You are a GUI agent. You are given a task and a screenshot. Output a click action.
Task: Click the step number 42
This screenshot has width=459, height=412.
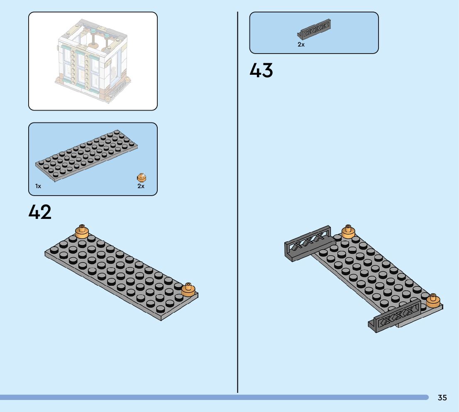pyautogui.click(x=40, y=212)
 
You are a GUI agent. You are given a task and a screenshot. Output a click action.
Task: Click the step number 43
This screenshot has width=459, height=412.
pyautogui.click(x=261, y=70)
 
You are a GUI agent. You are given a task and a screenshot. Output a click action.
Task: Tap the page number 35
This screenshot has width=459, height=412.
pyautogui.click(x=442, y=398)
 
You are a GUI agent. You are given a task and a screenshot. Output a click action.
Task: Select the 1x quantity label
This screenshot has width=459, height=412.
pyautogui.click(x=38, y=186)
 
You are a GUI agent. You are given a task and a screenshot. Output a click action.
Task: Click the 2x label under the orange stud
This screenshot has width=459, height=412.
pyautogui.click(x=141, y=186)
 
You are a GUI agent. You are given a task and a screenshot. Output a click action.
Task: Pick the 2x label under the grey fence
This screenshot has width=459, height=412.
pyautogui.click(x=301, y=45)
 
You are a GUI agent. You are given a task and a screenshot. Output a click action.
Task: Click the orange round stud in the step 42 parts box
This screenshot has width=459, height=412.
pyautogui.click(x=142, y=178)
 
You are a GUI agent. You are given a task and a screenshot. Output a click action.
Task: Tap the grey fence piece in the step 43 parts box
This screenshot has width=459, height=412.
pyautogui.click(x=314, y=29)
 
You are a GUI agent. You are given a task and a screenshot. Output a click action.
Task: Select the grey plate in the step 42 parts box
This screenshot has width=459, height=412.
pyautogui.click(x=86, y=157)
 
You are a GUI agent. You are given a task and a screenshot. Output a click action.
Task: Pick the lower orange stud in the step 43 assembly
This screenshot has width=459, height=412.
pyautogui.click(x=433, y=300)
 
